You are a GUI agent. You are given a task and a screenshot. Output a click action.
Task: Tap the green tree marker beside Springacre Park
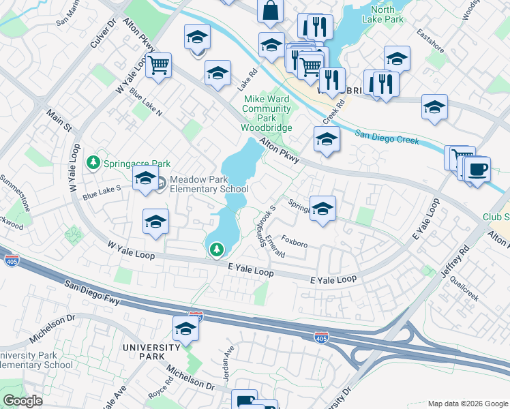pyautogui.click(x=93, y=163)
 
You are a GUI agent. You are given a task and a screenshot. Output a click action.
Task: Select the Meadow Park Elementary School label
pyautogui.click(x=209, y=184)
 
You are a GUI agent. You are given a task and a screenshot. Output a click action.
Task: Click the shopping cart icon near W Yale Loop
pyautogui.click(x=158, y=65)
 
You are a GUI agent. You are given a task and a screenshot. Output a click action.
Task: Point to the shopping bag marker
pyautogui.click(x=270, y=10)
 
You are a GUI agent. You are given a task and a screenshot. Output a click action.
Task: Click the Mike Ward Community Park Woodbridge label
pyautogui.click(x=267, y=113)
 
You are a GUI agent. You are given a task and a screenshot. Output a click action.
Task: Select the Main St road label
pyautogui.click(x=58, y=119)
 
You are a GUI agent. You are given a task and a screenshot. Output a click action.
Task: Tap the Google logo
pyautogui.click(x=22, y=401)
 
